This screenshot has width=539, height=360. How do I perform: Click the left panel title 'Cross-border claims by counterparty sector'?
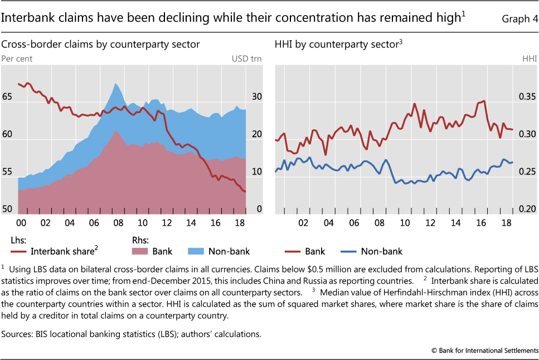pos(101,43)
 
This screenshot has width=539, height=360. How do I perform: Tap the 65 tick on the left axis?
pos(7,97)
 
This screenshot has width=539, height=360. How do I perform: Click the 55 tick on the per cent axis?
pos(7,173)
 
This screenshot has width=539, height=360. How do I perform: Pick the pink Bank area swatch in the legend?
pos(142,251)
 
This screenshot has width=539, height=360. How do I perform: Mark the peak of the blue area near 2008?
pos(115,84)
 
